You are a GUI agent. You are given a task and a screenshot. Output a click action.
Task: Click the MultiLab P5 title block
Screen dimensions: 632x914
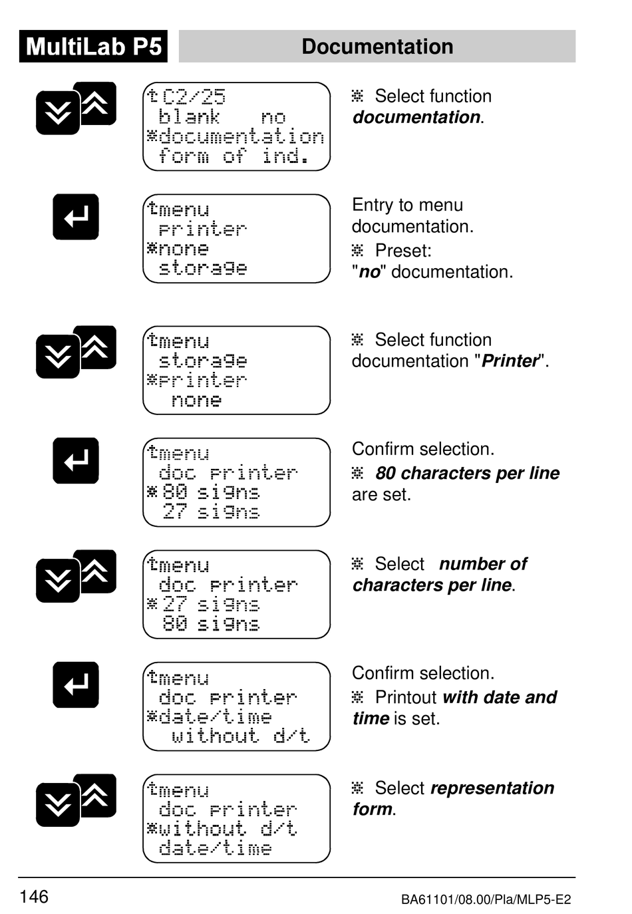(x=93, y=47)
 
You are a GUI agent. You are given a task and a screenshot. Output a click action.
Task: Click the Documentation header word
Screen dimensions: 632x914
(x=377, y=47)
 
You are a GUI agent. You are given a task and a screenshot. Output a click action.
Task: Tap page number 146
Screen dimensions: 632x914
(x=34, y=897)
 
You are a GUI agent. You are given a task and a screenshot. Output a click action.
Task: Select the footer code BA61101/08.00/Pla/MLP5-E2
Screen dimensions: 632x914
(x=486, y=900)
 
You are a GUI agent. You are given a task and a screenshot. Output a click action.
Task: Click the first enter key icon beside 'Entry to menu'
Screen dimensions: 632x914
(x=76, y=217)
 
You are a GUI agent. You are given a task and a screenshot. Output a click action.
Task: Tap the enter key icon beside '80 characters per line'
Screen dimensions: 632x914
(x=76, y=460)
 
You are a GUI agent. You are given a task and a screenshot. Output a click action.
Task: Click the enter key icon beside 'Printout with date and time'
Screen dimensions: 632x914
(x=76, y=685)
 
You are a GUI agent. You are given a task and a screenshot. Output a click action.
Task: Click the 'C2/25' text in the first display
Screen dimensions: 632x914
(x=194, y=97)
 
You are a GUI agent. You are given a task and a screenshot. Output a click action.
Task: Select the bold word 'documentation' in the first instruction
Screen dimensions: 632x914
(x=416, y=117)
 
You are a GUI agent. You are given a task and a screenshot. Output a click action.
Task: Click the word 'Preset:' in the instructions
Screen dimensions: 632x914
(x=403, y=251)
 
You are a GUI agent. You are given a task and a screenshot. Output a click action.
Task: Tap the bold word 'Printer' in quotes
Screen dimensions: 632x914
(x=510, y=361)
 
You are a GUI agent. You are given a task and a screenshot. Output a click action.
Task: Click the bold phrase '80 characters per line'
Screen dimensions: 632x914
(x=467, y=473)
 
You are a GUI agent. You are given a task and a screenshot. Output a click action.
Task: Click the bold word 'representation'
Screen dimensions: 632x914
(x=492, y=788)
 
